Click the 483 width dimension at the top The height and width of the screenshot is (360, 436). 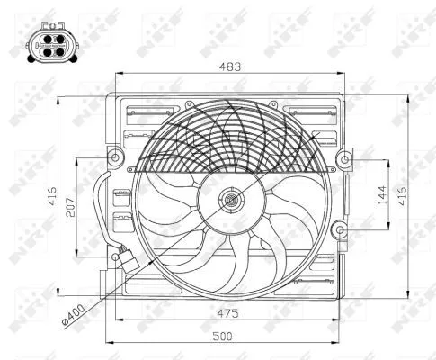point(232,66)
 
